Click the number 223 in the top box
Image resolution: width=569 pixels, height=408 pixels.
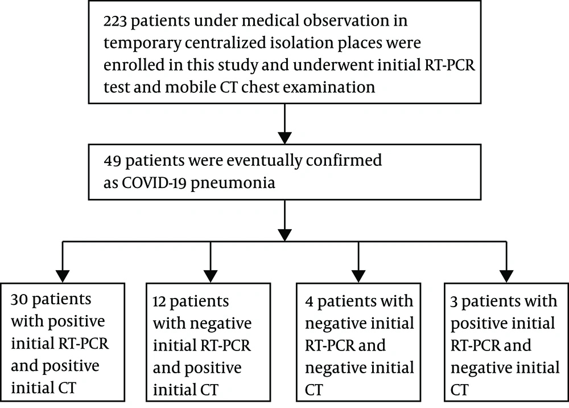pos(115,21)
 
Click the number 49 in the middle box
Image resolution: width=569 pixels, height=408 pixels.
pos(112,161)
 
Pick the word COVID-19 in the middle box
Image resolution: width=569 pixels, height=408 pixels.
pos(154,183)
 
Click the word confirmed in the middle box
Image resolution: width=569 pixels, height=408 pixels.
pos(344,160)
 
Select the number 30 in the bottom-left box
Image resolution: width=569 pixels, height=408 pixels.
pos(19,300)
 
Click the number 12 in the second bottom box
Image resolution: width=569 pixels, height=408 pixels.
pos(159,302)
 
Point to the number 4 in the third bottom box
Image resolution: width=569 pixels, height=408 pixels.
pos(309,302)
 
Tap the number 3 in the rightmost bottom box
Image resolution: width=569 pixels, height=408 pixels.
pos(454,302)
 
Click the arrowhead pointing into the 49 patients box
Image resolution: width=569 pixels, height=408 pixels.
pos(284,138)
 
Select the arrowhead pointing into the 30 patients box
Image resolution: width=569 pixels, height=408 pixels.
pos(63,276)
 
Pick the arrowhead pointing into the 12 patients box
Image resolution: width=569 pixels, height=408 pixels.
pos(211,276)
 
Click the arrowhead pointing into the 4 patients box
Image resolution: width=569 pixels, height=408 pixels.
pos(358,276)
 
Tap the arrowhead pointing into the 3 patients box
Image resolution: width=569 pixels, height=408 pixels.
pos(506,276)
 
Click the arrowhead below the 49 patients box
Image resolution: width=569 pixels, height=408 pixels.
pos(284,235)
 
